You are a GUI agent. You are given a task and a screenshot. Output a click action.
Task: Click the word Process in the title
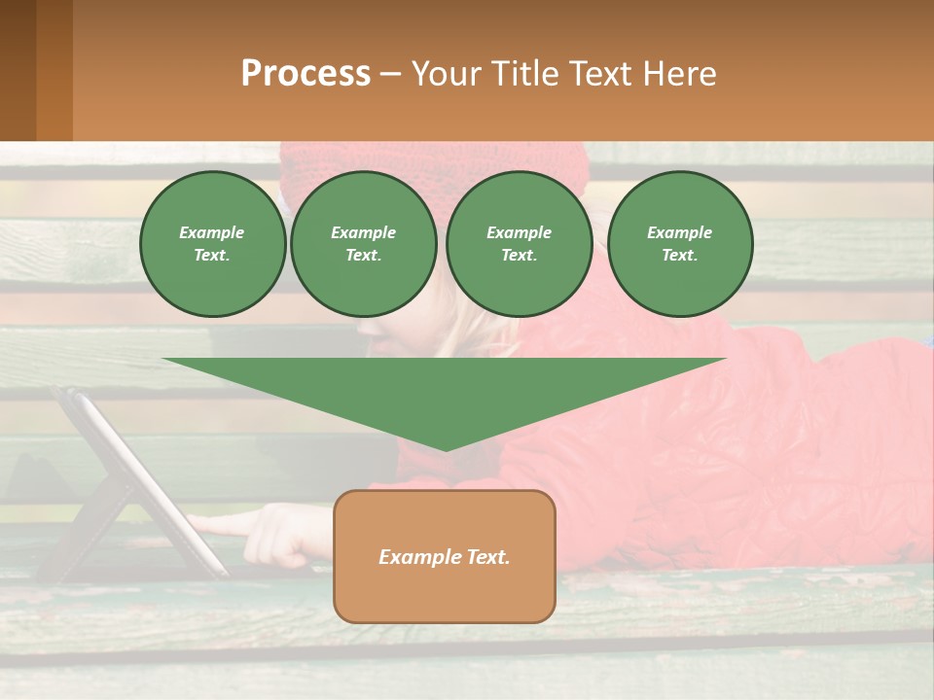[x=305, y=74]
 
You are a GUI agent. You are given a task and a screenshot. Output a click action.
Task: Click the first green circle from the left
[x=212, y=244]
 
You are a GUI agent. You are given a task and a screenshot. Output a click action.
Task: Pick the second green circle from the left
[x=364, y=244]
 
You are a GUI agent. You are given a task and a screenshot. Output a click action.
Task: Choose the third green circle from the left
[x=519, y=244]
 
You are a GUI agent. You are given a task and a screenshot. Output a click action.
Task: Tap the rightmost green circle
[x=679, y=244]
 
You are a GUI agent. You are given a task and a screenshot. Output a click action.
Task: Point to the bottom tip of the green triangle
[x=446, y=449]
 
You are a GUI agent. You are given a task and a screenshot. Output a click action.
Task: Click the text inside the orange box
[x=445, y=557]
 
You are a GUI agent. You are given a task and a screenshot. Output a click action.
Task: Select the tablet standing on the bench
[x=136, y=476]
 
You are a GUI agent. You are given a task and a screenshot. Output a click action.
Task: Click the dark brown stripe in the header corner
[x=18, y=70]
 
